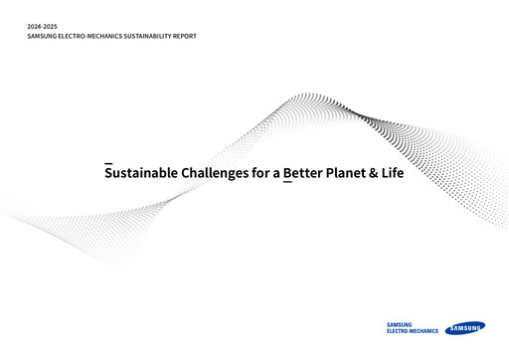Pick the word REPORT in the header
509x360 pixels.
185,36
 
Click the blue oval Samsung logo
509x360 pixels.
464,327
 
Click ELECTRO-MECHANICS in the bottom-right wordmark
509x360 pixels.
412,330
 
